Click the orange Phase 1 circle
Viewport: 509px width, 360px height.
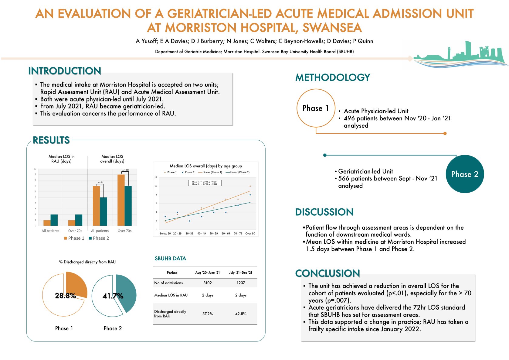pos(316,108)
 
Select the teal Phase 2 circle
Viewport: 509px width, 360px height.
pos(465,174)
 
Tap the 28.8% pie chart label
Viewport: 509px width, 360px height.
pos(65,296)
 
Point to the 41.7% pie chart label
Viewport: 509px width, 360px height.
pos(113,296)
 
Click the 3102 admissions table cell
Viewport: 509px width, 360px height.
pos(208,283)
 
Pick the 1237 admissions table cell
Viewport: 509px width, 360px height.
pos(241,283)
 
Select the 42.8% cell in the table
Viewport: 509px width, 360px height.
pos(241,314)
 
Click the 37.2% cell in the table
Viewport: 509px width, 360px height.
pos(208,314)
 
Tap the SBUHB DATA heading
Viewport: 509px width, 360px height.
pos(170,259)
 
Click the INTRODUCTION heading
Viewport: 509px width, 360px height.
pos(65,71)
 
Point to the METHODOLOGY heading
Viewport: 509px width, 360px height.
pos(333,77)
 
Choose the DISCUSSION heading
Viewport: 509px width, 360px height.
pos(324,212)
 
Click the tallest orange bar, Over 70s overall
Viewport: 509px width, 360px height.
pos(121,200)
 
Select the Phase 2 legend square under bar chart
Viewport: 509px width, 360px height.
pos(90,238)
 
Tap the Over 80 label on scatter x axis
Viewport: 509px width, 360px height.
pos(250,234)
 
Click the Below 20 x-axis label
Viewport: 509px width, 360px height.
pos(165,234)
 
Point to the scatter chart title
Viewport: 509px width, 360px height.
pos(206,166)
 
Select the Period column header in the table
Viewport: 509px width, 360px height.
pos(172,273)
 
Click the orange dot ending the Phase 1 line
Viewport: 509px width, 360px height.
pos(445,133)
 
